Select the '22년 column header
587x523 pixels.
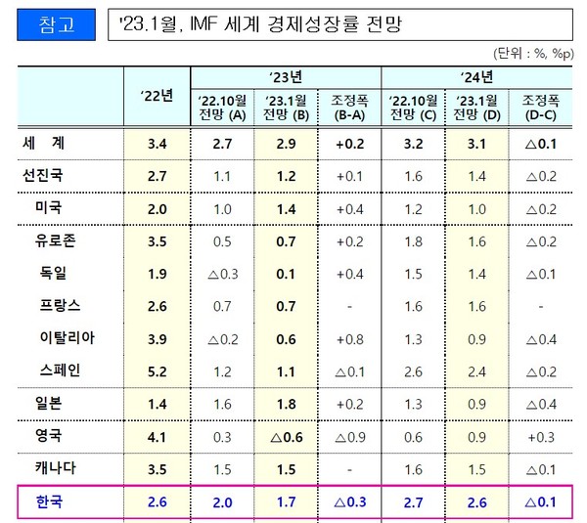(x=157, y=95)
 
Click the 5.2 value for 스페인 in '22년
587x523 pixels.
(x=157, y=371)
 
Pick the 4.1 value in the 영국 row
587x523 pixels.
(x=157, y=437)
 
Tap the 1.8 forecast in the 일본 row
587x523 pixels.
(x=285, y=404)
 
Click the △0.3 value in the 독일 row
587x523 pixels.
(x=221, y=274)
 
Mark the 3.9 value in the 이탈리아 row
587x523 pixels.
(x=157, y=338)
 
